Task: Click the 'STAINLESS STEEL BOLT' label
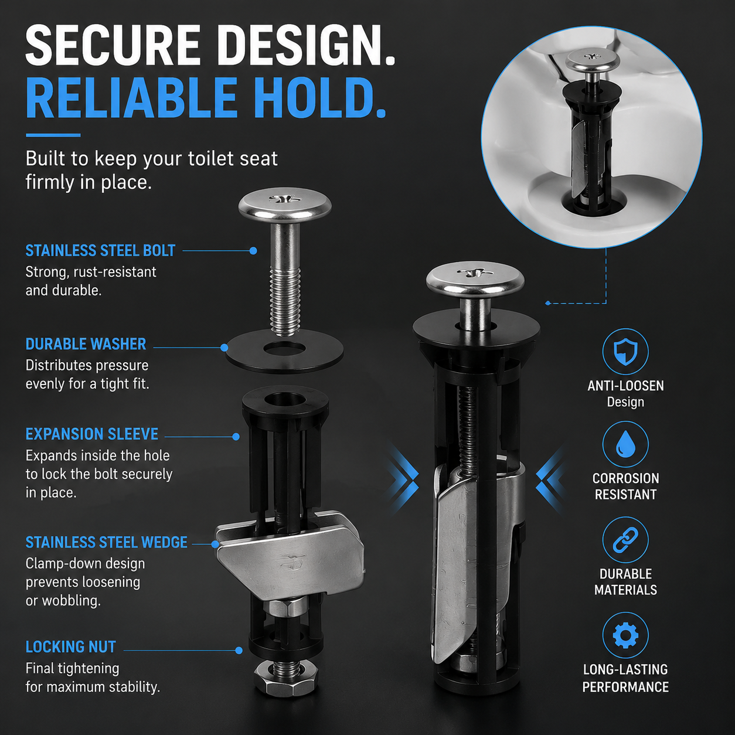pyautogui.click(x=100, y=251)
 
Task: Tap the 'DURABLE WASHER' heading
pyautogui.click(x=86, y=344)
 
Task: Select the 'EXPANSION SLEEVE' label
pyautogui.click(x=92, y=434)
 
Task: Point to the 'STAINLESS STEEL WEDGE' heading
pyautogui.click(x=107, y=542)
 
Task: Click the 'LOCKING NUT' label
pyautogui.click(x=70, y=647)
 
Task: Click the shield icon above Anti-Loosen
pyautogui.click(x=625, y=351)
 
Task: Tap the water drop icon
pyautogui.click(x=625, y=444)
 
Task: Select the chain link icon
pyautogui.click(x=625, y=540)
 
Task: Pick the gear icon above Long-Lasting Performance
pyautogui.click(x=625, y=635)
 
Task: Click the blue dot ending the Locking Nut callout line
pyautogui.click(x=239, y=651)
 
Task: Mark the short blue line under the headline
pyautogui.click(x=53, y=135)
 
